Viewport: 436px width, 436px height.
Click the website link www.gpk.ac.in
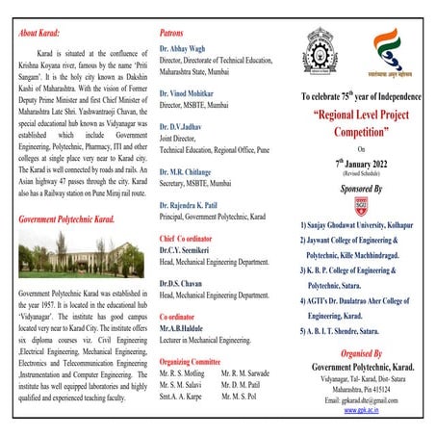[363, 409]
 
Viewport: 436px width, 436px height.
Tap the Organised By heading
[362, 352]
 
